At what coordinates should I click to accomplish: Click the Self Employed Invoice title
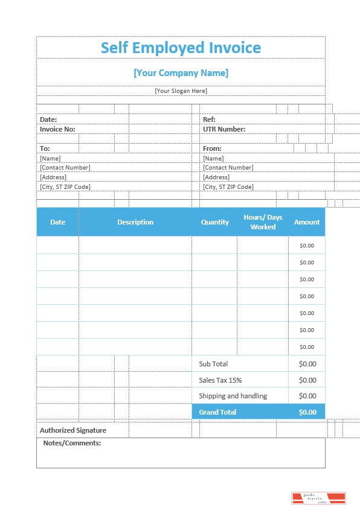181,48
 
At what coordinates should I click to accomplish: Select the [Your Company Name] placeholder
181,73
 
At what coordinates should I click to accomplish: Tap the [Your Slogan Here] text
181,91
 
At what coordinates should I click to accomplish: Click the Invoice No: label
57,129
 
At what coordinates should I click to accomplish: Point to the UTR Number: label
224,129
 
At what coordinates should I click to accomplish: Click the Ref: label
209,119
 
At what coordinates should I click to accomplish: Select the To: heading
45,148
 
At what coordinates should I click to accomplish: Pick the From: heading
212,148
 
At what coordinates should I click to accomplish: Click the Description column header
135,222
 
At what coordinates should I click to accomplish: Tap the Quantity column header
215,222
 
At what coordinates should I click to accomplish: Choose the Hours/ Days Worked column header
263,222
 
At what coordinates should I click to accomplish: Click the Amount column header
307,222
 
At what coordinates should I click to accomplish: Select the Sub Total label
213,364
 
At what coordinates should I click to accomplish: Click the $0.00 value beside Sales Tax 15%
307,380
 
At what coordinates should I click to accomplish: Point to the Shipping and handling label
233,396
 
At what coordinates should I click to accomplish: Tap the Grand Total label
217,412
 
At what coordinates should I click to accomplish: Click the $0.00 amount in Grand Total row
307,412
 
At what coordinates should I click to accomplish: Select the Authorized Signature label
73,430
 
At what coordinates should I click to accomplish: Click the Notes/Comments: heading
72,443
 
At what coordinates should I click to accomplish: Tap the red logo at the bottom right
318,498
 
